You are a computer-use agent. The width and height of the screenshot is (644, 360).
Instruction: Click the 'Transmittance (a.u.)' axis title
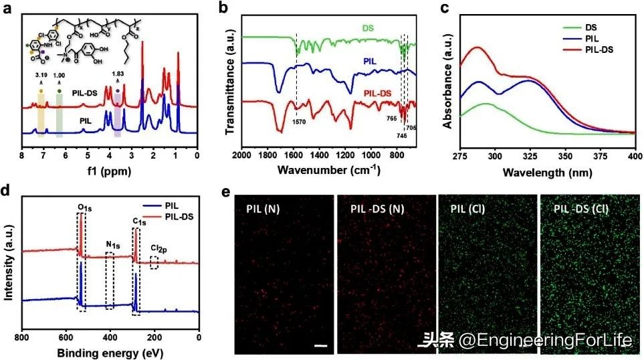[229, 80]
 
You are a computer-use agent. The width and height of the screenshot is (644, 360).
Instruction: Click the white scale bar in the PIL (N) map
[320, 346]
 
